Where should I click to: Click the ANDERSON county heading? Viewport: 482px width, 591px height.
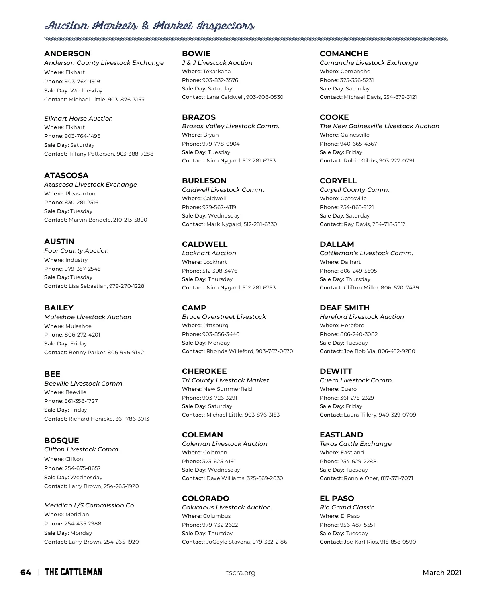(x=67, y=53)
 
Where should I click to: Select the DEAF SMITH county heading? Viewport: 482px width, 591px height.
(x=344, y=308)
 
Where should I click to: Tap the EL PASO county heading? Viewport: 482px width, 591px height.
(x=337, y=498)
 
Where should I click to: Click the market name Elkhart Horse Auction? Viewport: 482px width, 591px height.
(x=78, y=118)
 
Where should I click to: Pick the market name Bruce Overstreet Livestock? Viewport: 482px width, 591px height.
(x=224, y=316)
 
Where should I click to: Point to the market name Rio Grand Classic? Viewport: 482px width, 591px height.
(x=347, y=507)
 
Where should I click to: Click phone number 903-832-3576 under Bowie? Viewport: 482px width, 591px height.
(x=220, y=80)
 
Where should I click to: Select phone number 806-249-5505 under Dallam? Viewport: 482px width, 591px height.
(x=358, y=271)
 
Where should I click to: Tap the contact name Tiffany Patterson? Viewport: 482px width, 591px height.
(x=92, y=154)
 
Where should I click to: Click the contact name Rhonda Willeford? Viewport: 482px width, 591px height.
(x=230, y=351)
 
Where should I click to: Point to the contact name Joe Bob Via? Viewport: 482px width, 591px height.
(x=359, y=351)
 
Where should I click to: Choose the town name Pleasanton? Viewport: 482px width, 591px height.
(x=80, y=193)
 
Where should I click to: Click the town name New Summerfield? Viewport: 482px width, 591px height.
(x=227, y=389)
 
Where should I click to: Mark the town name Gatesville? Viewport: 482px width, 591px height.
(x=353, y=198)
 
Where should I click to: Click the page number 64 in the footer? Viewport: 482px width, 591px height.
(x=26, y=572)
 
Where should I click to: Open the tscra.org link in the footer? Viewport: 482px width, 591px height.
(x=241, y=573)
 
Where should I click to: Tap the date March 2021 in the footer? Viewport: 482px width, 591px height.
(x=442, y=573)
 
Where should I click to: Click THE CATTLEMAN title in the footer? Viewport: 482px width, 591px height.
(x=74, y=572)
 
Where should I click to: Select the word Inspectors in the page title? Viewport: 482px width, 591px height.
(x=225, y=26)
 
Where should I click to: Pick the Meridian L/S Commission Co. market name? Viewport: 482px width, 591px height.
(x=90, y=505)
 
